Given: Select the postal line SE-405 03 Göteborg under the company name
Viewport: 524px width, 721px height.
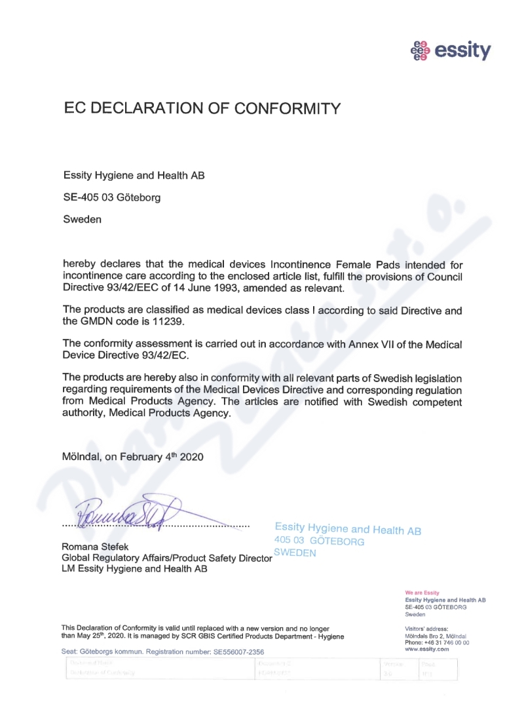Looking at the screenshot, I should [x=111, y=197].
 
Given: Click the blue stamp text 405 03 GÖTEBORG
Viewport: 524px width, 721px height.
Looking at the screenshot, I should [x=319, y=541].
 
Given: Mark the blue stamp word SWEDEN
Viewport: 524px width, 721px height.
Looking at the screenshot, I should [x=295, y=553].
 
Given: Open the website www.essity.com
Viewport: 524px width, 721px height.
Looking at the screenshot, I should [x=427, y=649].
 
